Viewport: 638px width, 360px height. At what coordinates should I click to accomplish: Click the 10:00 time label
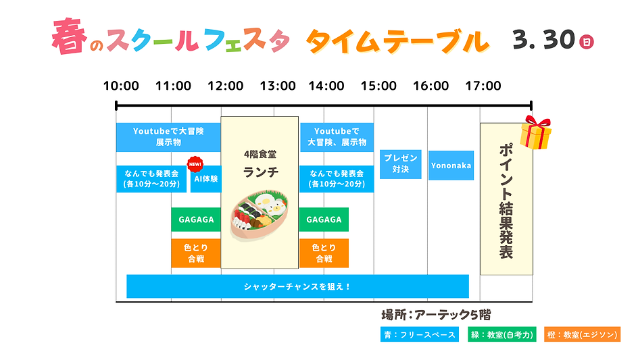pos(121,86)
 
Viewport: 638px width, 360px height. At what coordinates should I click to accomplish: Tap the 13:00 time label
pos(278,86)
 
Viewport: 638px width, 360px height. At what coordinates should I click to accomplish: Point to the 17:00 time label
pos(483,86)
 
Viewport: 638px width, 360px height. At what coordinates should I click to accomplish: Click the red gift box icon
pos(535,133)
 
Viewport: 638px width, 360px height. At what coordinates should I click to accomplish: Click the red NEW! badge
pos(195,164)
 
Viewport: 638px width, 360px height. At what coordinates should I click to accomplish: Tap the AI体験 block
pos(205,179)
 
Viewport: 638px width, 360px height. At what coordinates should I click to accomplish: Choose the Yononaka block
pos(451,165)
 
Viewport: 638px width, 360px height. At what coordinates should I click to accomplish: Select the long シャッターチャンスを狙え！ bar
pos(297,286)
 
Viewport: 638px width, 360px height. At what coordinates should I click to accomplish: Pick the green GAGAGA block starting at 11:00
pos(196,220)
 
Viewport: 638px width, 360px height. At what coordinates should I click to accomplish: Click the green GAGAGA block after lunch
pos(324,220)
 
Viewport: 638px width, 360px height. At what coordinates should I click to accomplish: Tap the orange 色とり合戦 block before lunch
pos(196,253)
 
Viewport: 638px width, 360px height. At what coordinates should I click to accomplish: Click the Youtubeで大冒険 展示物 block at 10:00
pos(168,137)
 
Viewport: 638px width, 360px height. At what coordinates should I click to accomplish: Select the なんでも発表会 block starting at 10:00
pos(151,179)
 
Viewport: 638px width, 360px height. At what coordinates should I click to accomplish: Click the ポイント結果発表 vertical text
pos(506,200)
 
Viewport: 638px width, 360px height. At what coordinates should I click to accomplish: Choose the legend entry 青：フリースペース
pos(419,334)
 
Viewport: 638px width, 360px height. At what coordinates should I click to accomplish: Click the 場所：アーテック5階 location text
pos(436,315)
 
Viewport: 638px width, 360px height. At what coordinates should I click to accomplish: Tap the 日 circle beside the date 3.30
pos(587,42)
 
